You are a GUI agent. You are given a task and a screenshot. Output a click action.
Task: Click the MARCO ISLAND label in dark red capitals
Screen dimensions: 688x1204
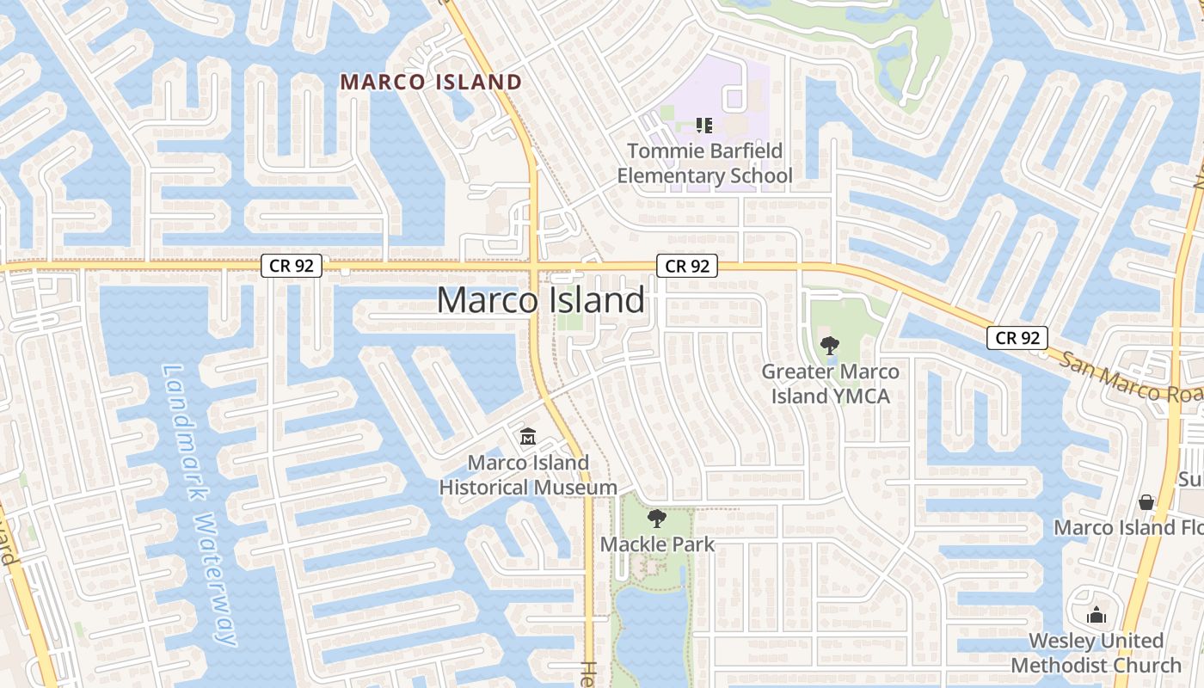(x=431, y=82)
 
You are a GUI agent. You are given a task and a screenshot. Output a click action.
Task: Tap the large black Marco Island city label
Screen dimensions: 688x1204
(x=540, y=300)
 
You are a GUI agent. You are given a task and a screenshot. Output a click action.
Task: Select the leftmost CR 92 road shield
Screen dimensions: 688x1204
(x=292, y=266)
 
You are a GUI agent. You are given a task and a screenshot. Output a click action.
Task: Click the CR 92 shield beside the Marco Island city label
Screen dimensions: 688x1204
(x=687, y=266)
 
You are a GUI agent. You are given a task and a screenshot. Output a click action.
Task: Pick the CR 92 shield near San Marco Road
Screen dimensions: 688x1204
(x=1017, y=338)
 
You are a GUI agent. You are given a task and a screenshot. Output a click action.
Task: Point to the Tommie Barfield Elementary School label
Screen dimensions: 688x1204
(x=704, y=163)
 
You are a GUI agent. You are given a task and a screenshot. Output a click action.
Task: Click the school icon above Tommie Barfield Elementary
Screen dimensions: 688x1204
(x=704, y=126)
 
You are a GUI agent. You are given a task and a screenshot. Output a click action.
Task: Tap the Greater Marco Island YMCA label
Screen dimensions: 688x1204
(x=830, y=384)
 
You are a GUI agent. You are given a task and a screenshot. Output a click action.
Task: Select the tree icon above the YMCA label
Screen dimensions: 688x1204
(x=830, y=346)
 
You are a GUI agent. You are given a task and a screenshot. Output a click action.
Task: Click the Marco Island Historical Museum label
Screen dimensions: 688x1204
(x=528, y=475)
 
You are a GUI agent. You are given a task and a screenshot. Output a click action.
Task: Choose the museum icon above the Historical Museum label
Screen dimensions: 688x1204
(x=527, y=437)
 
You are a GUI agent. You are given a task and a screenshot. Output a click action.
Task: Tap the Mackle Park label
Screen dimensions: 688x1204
(x=657, y=544)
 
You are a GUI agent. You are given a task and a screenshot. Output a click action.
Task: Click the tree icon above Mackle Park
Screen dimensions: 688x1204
(x=657, y=518)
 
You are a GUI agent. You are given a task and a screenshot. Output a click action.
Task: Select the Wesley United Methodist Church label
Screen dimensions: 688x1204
(x=1096, y=653)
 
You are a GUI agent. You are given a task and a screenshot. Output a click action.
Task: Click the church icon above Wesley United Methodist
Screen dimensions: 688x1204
(x=1096, y=615)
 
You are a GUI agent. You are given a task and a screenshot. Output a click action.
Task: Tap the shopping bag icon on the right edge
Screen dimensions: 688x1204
(x=1146, y=501)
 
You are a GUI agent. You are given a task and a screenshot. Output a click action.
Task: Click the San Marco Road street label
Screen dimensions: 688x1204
(x=1131, y=379)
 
